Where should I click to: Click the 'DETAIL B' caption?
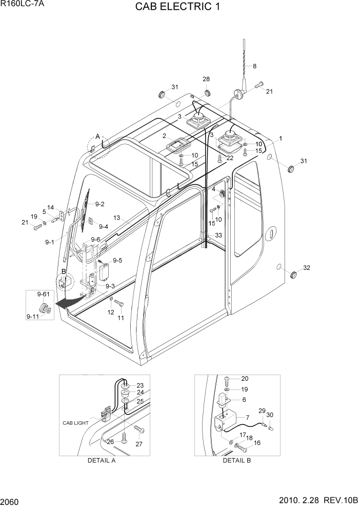pos(236,460)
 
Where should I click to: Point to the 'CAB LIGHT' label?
pos(76,423)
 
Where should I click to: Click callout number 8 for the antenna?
pos(254,66)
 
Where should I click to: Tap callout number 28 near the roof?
pos(206,79)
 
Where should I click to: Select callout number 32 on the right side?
pos(307,268)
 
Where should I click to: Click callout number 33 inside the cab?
pos(218,235)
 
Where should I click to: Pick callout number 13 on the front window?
pos(117,218)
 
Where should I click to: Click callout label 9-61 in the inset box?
pos(44,294)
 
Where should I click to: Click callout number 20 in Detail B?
pos(245,378)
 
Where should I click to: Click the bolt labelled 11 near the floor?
pos(118,304)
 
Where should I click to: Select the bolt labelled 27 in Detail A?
pos(138,428)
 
